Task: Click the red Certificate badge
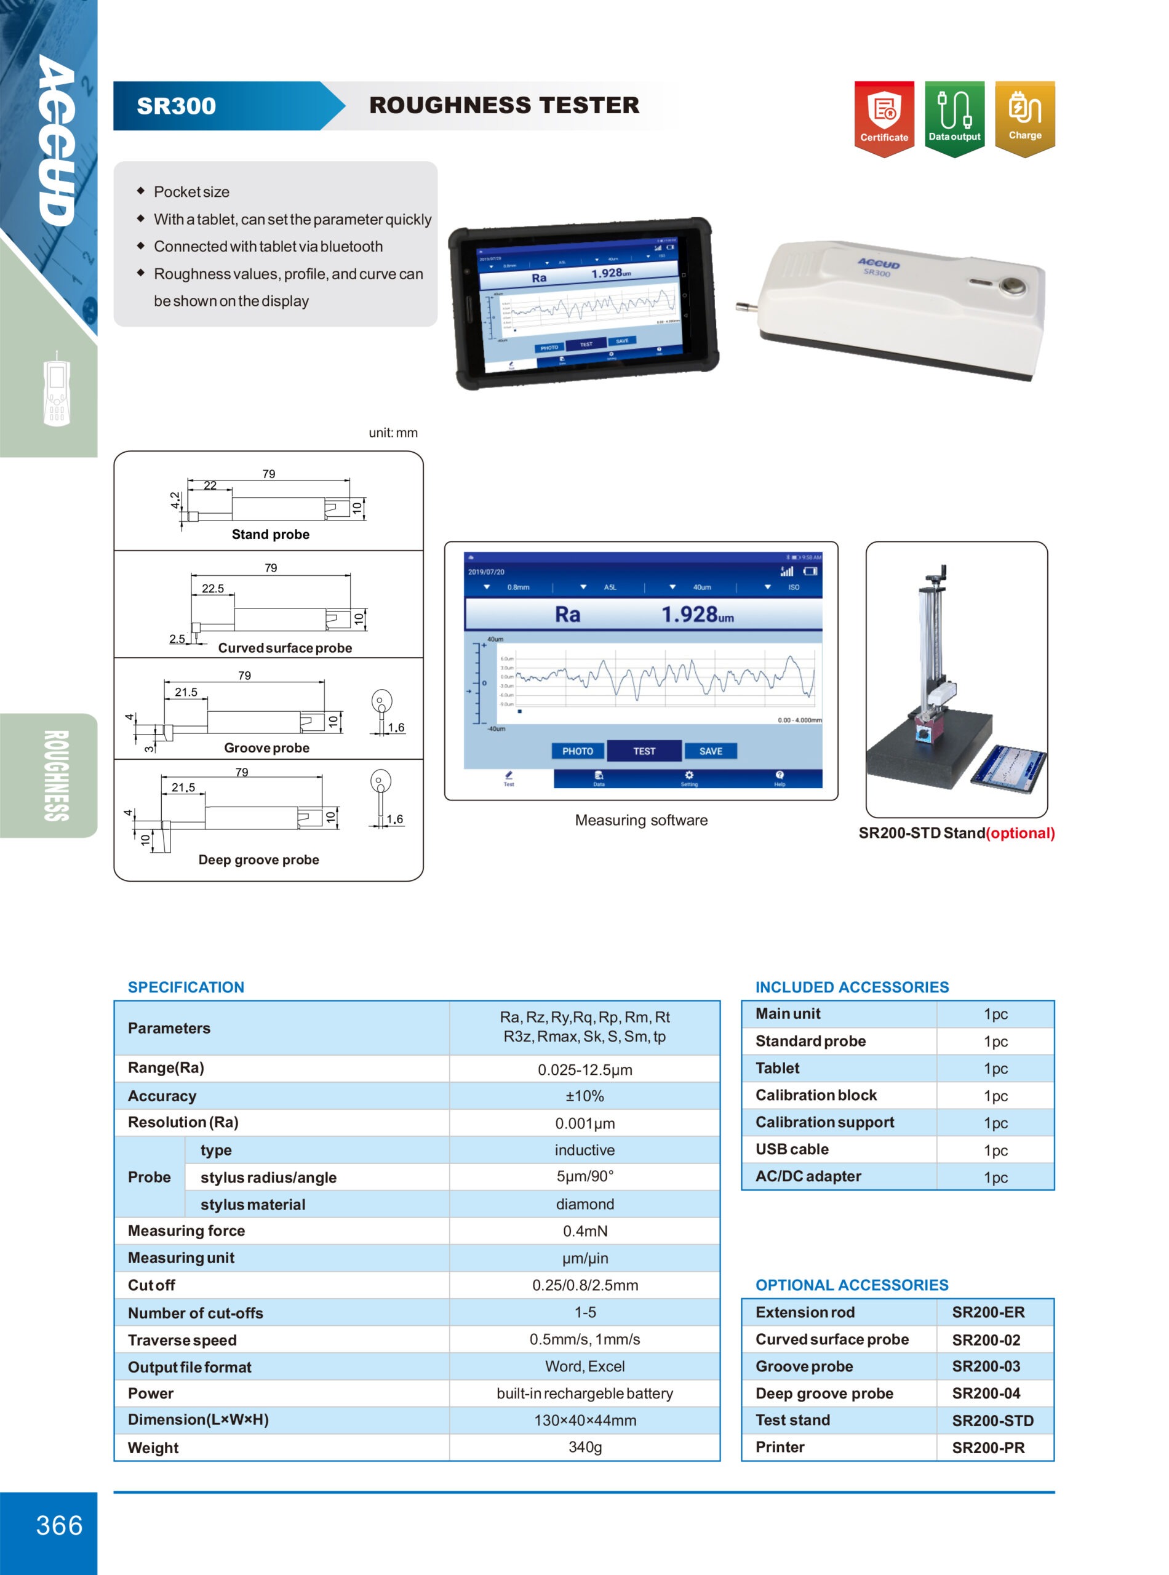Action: coord(884,117)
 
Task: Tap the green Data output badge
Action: coord(954,117)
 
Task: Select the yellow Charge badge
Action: coord(1024,116)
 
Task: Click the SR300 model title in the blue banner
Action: coord(176,106)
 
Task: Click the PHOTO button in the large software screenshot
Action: coord(577,751)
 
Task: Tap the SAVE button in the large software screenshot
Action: coord(711,751)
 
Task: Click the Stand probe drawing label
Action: coord(270,534)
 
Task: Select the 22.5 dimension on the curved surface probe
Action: coord(212,588)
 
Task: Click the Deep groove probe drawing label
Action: coord(258,859)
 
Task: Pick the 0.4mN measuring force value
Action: coord(584,1231)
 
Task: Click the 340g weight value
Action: coord(584,1447)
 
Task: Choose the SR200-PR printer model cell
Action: coord(988,1448)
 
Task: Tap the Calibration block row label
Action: coord(816,1095)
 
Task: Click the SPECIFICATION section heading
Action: coord(185,987)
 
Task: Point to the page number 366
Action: coord(60,1525)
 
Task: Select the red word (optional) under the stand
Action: coord(1019,833)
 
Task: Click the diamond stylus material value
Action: coord(584,1204)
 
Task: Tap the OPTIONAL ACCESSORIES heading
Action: coord(852,1285)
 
